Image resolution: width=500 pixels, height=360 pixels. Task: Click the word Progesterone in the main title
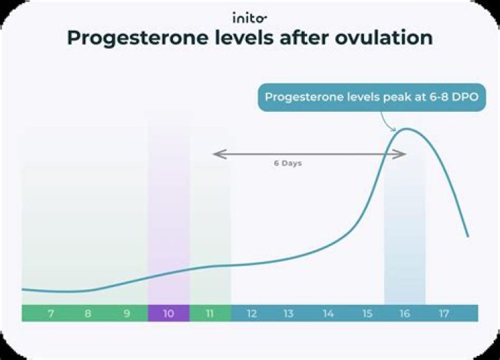point(133,38)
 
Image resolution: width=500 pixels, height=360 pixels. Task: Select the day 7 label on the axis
point(51,313)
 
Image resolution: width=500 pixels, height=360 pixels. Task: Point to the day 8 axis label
point(87,313)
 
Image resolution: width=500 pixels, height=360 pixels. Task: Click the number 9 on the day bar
point(126,313)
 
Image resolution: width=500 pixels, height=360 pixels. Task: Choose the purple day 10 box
point(168,313)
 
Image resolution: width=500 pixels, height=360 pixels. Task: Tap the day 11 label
point(209,313)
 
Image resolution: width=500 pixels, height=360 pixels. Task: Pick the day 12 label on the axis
point(251,313)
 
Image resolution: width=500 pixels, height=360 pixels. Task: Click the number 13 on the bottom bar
point(288,313)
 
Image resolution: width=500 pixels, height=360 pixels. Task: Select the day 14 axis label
point(328,313)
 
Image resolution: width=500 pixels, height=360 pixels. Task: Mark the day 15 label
point(367,313)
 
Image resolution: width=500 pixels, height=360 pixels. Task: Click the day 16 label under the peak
point(404,313)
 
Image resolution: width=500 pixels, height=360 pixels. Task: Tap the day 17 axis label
point(444,313)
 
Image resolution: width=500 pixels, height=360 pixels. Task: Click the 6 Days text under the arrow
point(287,164)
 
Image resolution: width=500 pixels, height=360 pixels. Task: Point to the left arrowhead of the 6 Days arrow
point(216,154)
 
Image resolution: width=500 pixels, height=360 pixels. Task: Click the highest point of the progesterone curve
point(406,129)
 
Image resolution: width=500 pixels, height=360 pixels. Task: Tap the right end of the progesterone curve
point(467,236)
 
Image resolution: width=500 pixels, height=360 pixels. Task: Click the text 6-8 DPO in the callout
point(449,97)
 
